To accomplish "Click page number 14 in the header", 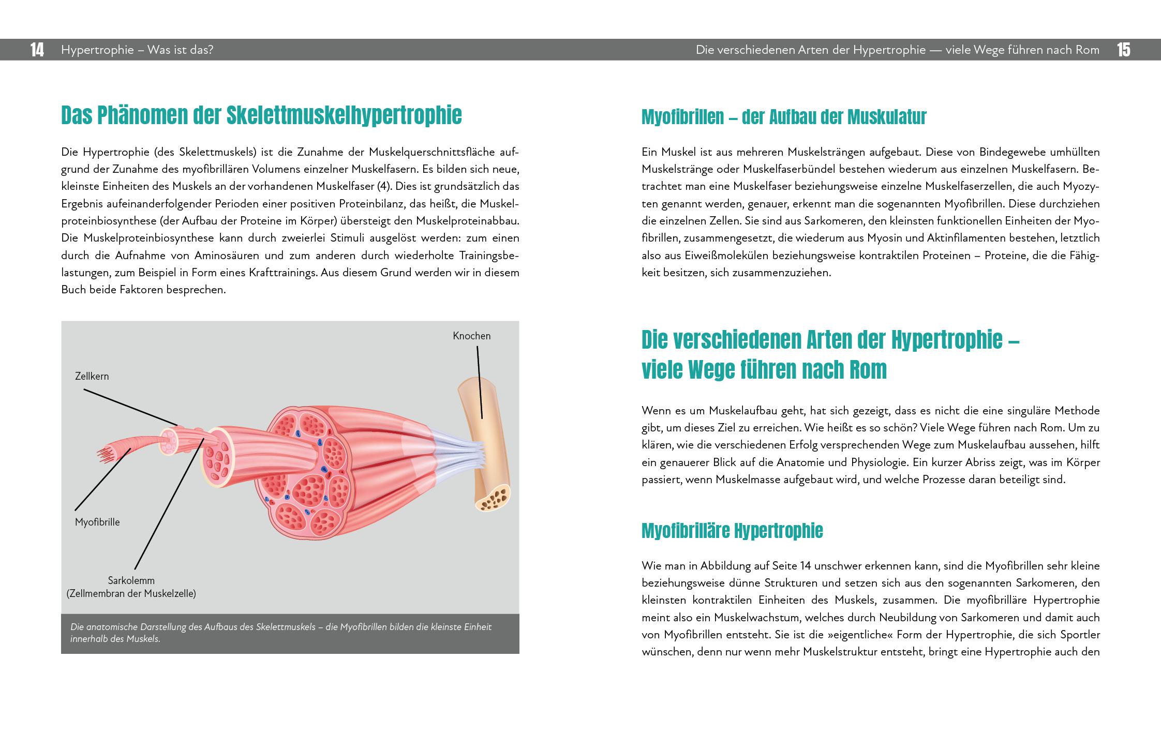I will [37, 50].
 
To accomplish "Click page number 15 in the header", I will [1123, 50].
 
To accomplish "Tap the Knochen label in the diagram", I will [471, 336].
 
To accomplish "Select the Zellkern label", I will [92, 376].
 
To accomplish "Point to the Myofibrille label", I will [97, 522].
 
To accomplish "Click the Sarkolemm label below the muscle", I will [131, 580].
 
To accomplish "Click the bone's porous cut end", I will [493, 499].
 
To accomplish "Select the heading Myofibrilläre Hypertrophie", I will [732, 531].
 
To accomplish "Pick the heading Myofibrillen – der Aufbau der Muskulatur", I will [783, 117].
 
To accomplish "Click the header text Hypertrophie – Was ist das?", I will [137, 50].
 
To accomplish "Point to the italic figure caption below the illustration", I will [281, 633].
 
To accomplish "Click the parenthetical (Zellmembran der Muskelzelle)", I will [131, 593].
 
